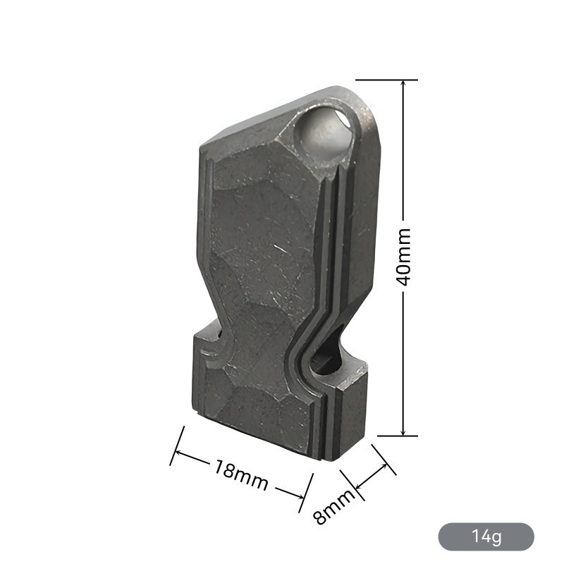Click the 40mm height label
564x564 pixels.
click(x=405, y=257)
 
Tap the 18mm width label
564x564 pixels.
click(x=241, y=474)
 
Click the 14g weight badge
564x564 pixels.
click(x=486, y=537)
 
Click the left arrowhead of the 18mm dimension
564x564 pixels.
click(x=180, y=452)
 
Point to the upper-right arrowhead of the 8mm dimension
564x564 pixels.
click(x=384, y=467)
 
